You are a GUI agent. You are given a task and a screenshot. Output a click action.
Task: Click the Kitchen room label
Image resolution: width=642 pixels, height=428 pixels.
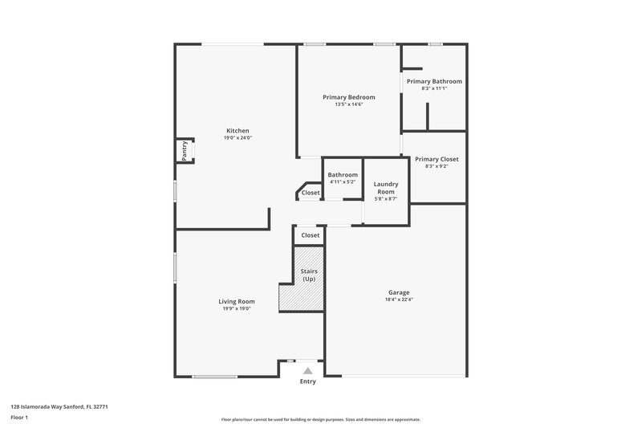click(x=238, y=131)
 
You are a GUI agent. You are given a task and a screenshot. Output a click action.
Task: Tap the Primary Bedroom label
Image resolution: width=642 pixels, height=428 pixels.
click(x=349, y=97)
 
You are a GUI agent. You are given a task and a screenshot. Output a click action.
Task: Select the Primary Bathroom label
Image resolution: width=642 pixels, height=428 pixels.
click(x=434, y=81)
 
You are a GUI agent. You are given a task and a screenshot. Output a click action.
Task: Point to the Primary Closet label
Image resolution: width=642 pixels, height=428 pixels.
click(x=437, y=159)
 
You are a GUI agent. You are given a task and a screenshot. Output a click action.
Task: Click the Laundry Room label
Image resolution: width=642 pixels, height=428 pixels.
click(x=386, y=188)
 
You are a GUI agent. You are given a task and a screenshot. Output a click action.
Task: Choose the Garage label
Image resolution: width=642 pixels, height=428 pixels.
click(x=399, y=292)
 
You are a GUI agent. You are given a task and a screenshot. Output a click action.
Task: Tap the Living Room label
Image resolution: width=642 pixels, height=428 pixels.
click(x=237, y=301)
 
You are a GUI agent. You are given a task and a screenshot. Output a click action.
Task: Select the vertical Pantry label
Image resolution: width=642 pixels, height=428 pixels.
click(x=185, y=151)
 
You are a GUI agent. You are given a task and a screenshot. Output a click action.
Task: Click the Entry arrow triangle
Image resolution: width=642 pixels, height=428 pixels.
click(x=307, y=371)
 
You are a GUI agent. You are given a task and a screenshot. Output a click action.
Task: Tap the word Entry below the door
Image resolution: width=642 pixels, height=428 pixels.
click(x=307, y=381)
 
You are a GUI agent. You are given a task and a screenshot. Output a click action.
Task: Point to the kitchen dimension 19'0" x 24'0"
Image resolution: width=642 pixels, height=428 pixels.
click(x=238, y=138)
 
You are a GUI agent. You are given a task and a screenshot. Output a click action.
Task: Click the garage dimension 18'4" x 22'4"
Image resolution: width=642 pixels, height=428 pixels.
click(x=399, y=300)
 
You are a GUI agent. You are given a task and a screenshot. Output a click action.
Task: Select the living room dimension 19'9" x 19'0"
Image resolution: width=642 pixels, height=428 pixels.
click(x=237, y=308)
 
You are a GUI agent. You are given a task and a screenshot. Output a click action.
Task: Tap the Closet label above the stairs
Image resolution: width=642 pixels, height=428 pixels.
click(x=310, y=235)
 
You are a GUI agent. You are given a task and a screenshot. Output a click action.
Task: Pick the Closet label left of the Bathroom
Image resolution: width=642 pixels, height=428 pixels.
click(x=311, y=193)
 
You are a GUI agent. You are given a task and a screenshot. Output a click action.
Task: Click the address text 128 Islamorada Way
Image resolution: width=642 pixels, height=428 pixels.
click(x=59, y=407)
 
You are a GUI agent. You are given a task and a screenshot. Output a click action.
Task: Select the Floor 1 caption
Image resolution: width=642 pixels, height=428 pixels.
click(x=19, y=418)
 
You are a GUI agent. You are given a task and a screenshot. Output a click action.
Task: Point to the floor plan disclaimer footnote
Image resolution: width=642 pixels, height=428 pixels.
click(x=320, y=419)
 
